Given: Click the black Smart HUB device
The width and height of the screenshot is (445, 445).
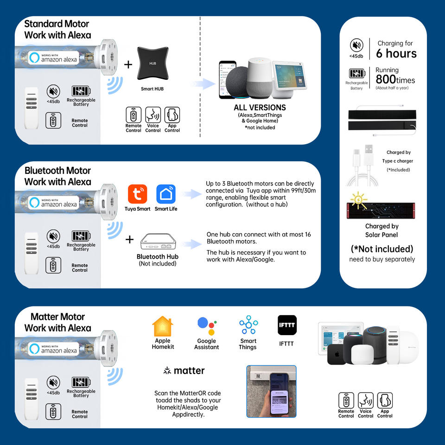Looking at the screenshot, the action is (x=153, y=64).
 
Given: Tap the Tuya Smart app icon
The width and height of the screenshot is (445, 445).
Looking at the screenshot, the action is (x=137, y=194).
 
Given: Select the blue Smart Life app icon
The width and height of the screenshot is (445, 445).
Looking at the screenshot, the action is (x=166, y=194).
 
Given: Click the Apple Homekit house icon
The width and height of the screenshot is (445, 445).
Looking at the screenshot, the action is (x=162, y=326).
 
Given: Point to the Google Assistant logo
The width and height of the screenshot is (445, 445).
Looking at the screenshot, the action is (x=206, y=326).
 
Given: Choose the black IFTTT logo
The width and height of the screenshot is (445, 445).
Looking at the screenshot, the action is (x=287, y=325).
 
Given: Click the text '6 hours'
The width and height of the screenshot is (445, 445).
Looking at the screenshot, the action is (x=396, y=54).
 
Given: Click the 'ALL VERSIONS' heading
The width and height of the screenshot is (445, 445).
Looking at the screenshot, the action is (x=260, y=108).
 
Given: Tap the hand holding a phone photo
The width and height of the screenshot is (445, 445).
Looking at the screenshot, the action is (x=271, y=391).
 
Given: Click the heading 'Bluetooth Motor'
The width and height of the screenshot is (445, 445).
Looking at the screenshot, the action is (x=57, y=171).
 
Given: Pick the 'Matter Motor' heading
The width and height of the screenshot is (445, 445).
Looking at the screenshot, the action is (x=57, y=317).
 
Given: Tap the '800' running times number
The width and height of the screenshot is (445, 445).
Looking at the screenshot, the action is (x=386, y=80).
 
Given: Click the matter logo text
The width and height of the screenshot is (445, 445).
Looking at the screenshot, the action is (x=184, y=371).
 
